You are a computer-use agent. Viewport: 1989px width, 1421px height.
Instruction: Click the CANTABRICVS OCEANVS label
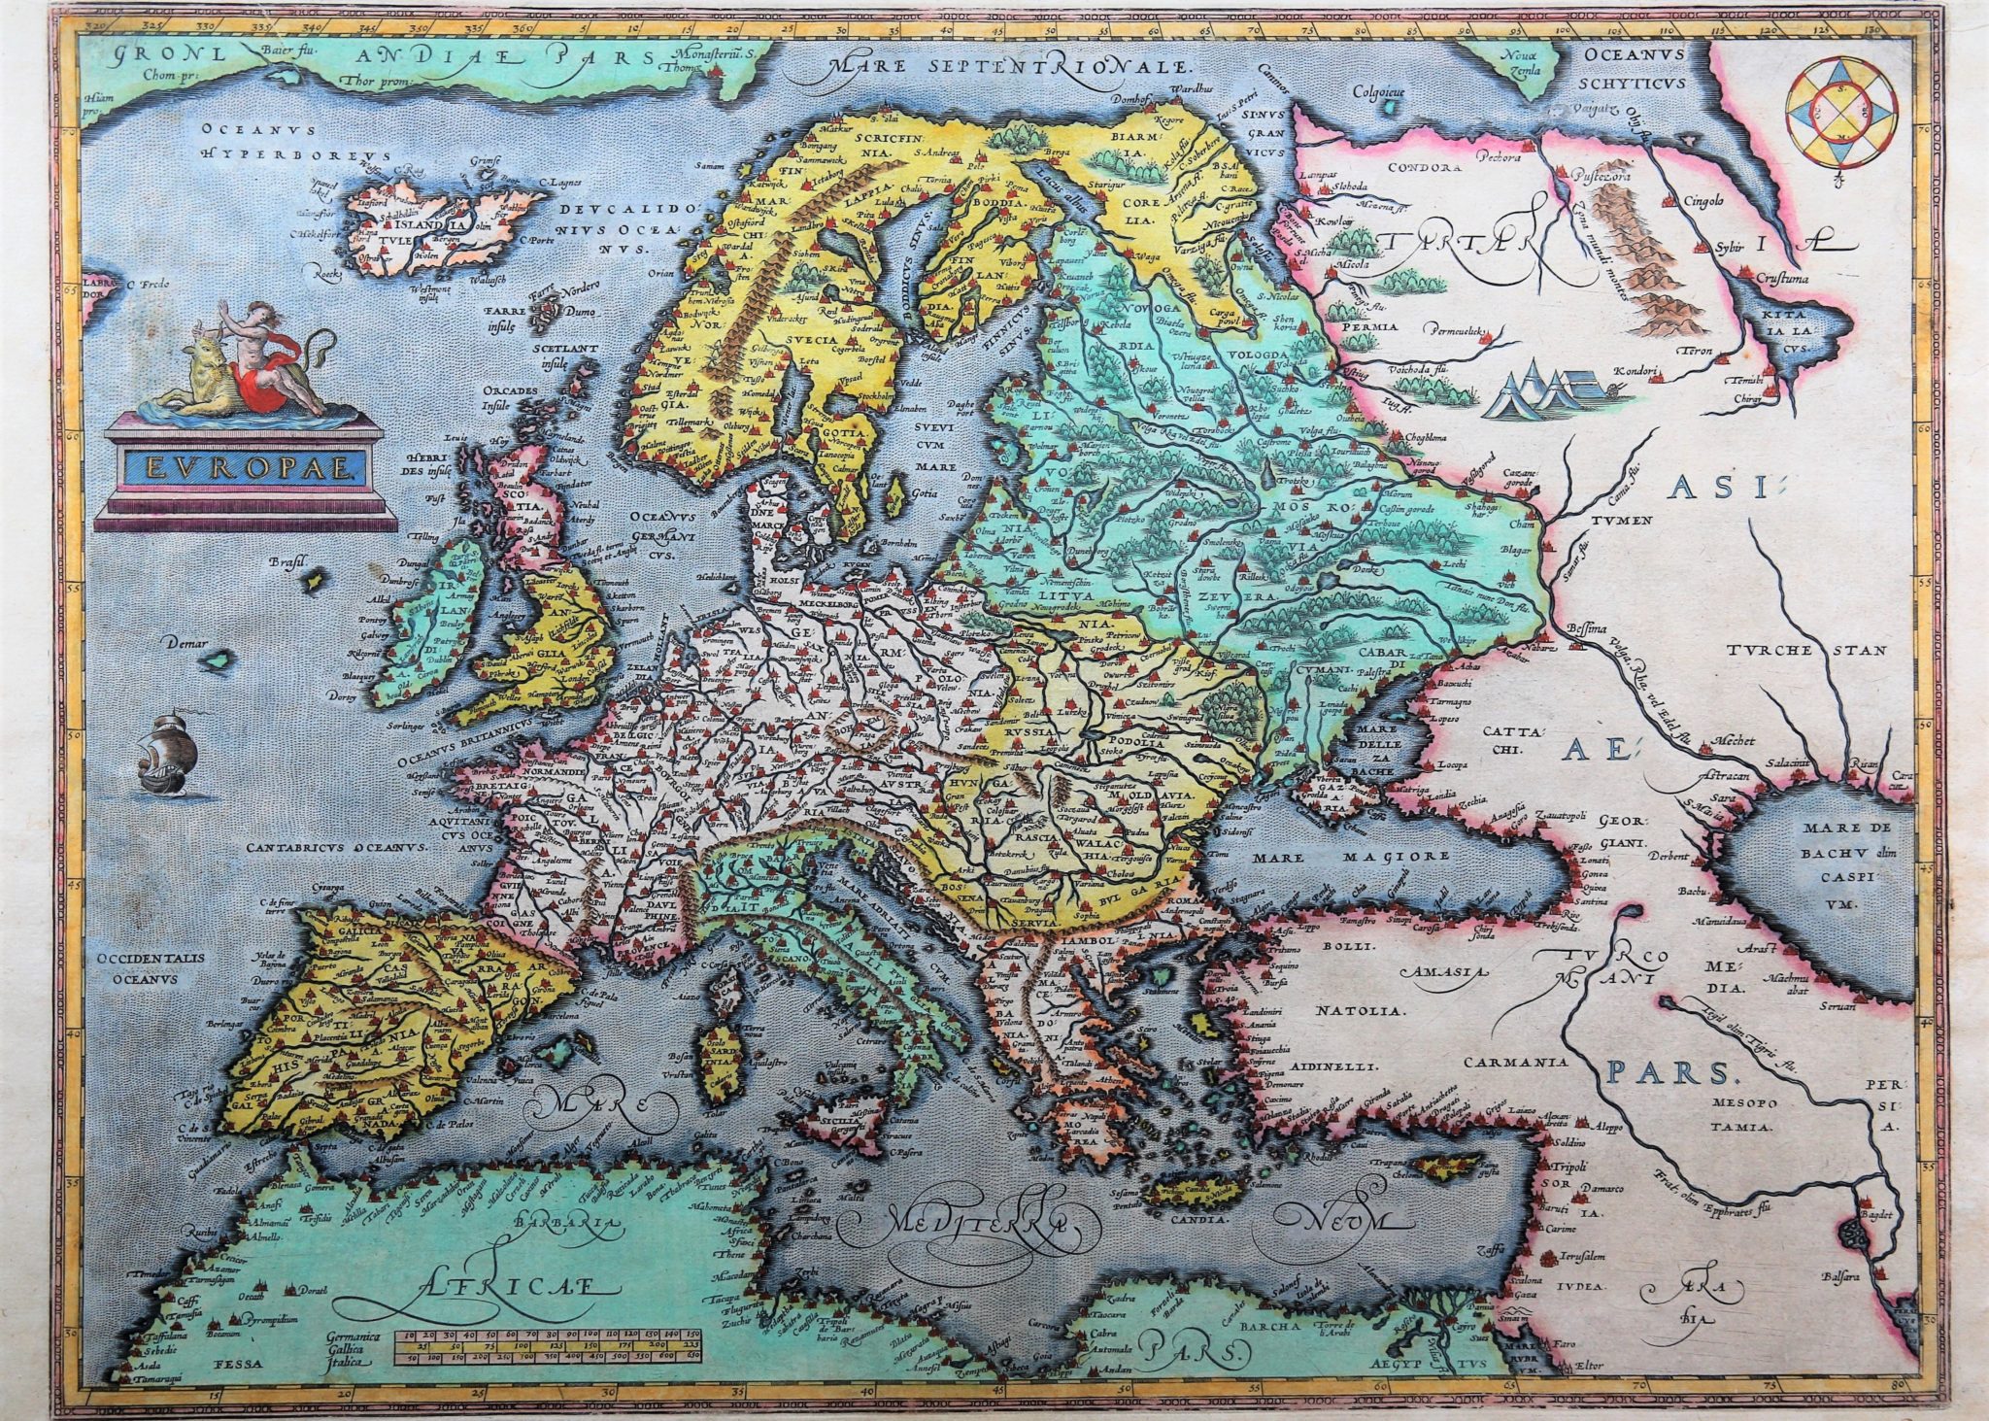(337, 847)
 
